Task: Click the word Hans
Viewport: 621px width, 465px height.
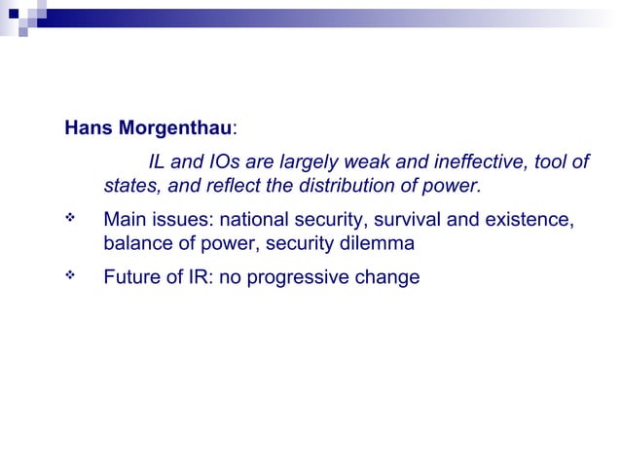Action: [85, 129]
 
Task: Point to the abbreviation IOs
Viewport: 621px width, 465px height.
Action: [228, 161]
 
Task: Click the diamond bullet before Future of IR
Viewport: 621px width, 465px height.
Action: [70, 276]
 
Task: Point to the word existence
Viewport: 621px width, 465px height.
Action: [530, 220]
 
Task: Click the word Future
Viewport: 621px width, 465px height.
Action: [131, 277]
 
